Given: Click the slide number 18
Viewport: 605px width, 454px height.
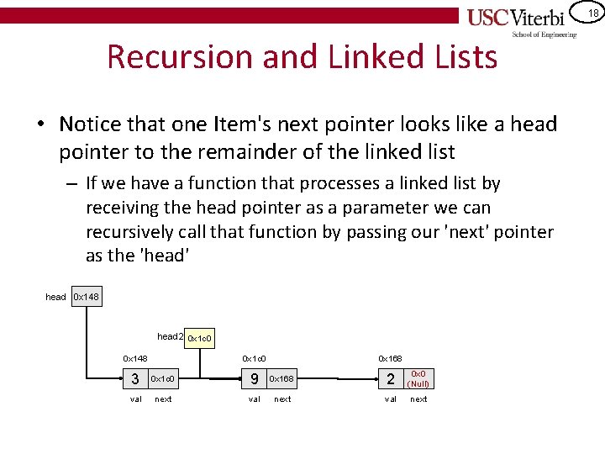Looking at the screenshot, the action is [x=592, y=13].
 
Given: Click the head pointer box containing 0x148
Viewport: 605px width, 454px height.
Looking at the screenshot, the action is [x=87, y=297].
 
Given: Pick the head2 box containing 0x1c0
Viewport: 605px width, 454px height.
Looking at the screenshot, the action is [x=199, y=338].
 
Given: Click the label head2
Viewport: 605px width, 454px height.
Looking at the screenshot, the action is [x=169, y=337].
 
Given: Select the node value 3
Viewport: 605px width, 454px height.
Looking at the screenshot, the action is [x=135, y=379].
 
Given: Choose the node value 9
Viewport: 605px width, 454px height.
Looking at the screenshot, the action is [x=254, y=379].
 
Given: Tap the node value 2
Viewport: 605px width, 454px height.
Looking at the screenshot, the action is [x=390, y=379].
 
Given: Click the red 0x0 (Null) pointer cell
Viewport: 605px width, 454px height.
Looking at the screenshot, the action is [x=418, y=379].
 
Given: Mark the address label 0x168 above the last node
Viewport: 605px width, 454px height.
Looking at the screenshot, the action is [x=390, y=359].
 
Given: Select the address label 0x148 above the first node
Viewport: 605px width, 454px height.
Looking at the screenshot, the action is [x=135, y=359].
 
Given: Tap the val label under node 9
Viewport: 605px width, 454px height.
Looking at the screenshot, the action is [x=255, y=399].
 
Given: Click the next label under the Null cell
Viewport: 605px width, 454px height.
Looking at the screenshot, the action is [x=418, y=399].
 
